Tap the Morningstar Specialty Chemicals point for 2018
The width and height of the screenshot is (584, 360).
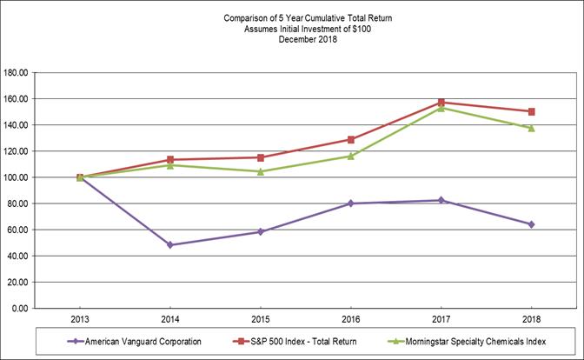point(531,128)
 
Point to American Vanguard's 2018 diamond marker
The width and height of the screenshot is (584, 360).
point(531,224)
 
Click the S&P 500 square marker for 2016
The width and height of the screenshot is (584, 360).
point(351,139)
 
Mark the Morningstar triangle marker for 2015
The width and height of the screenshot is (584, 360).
point(261,171)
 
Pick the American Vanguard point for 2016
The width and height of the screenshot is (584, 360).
point(351,203)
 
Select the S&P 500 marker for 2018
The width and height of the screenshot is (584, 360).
point(531,111)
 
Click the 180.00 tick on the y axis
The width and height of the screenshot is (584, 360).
point(17,73)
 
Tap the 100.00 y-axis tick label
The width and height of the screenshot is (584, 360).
point(17,177)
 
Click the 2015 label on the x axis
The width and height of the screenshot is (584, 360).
point(261,319)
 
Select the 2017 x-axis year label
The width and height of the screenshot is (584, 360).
point(441,319)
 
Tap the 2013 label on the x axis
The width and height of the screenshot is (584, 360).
point(80,319)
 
